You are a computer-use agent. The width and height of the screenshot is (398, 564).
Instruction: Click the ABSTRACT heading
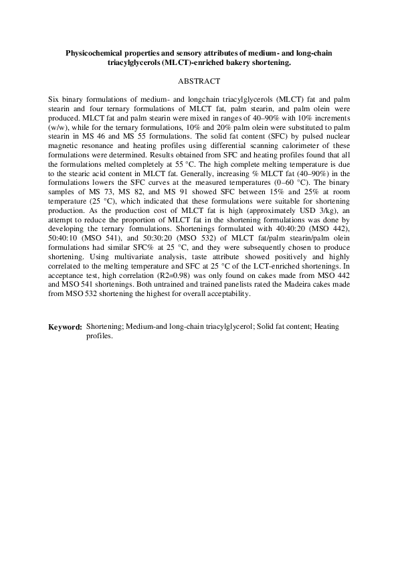(199, 81)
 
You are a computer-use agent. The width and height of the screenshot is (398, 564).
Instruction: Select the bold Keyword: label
(65, 327)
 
